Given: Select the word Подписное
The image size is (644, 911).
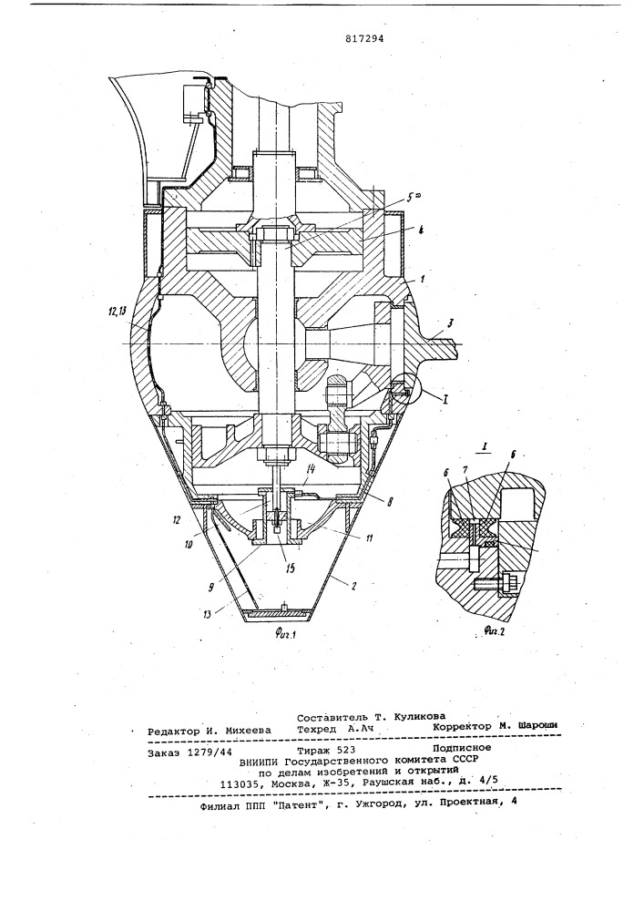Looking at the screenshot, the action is click(x=462, y=748).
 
